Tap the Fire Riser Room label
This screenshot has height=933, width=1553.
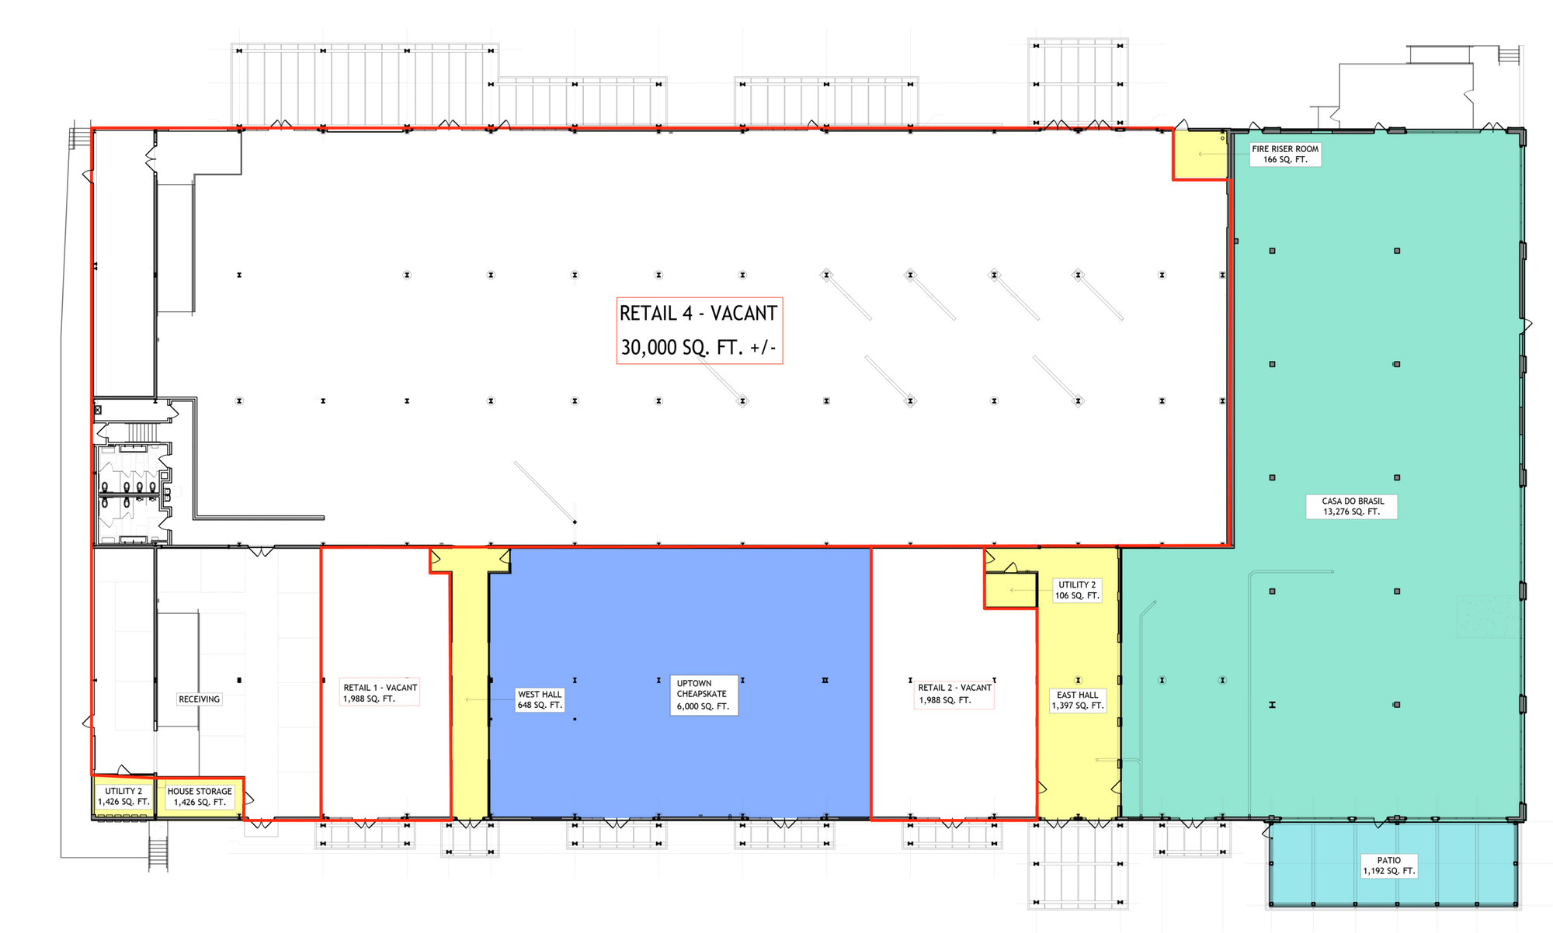coord(1285,154)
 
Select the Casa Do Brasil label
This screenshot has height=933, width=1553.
coord(1352,507)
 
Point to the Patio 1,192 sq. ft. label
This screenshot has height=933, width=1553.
coord(1389,865)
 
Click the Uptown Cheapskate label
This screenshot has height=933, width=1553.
coord(703,695)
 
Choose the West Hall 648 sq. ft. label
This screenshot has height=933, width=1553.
coord(540,699)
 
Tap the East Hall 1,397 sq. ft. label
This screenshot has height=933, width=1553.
coord(1078,701)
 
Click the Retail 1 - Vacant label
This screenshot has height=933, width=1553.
coord(380,693)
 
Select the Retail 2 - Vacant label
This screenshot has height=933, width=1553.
coord(954,694)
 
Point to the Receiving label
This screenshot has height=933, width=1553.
coord(200,699)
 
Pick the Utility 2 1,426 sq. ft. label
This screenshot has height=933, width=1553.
coord(123,797)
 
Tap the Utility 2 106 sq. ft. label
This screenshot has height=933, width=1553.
coord(1077,591)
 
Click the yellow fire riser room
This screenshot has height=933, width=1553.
coord(1200,154)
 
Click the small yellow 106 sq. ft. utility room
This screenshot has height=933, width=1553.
coord(1011,591)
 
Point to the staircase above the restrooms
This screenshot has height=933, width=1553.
coord(142,432)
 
